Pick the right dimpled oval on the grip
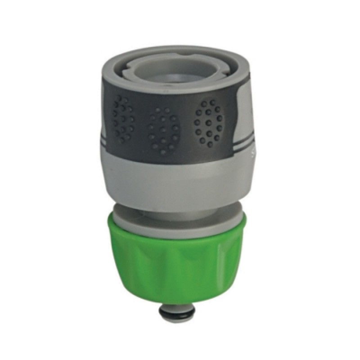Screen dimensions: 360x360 point(209,122)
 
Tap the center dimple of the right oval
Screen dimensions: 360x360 point(209,122)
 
